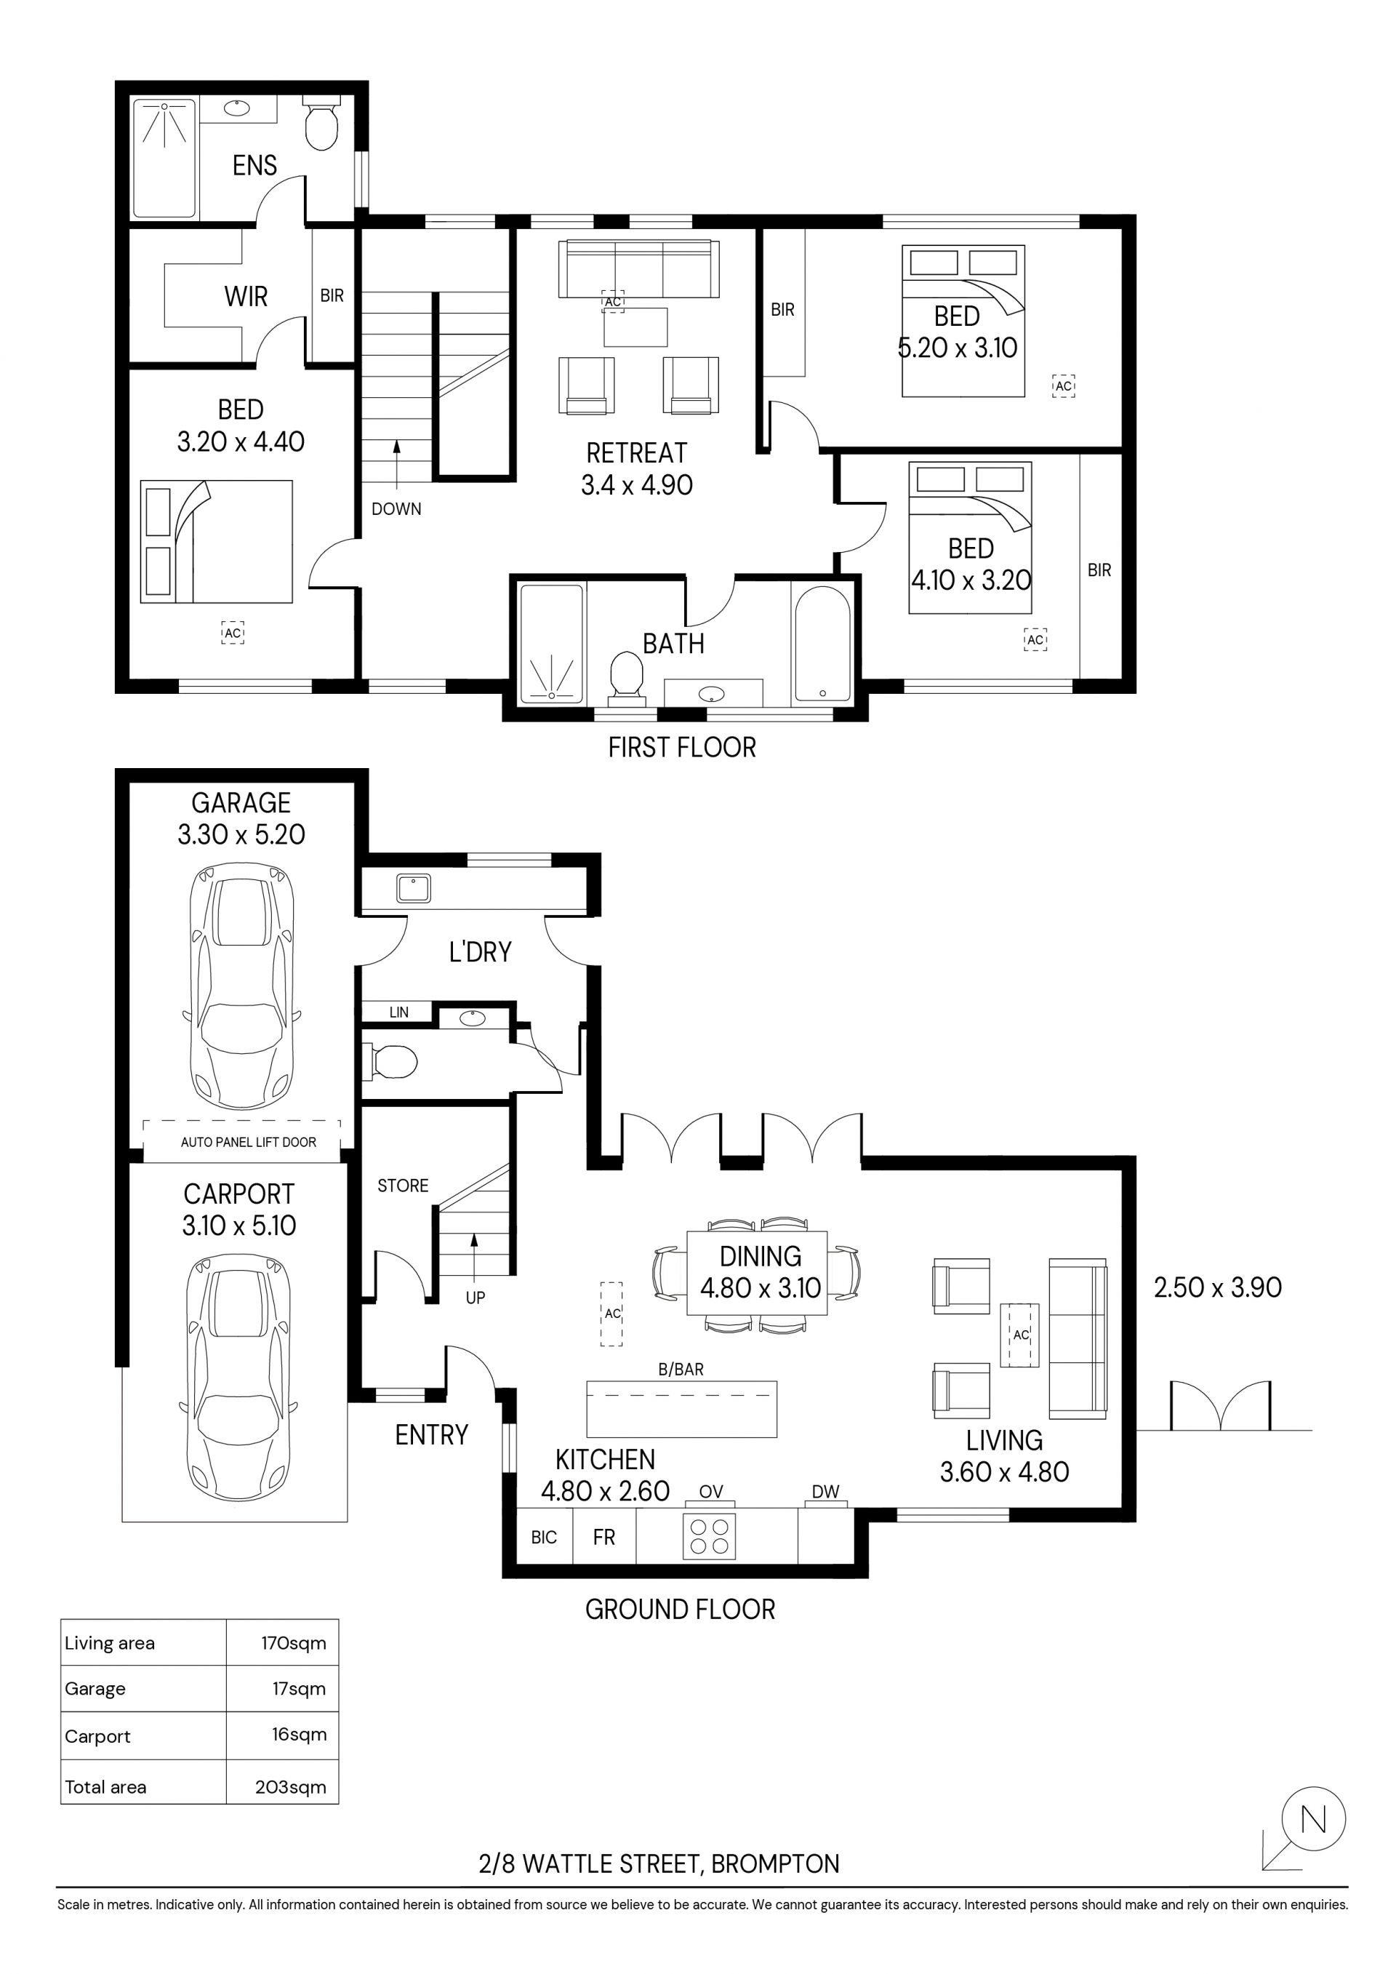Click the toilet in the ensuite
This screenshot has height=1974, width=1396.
point(321,124)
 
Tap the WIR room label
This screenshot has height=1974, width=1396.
point(246,297)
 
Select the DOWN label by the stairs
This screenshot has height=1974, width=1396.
point(396,509)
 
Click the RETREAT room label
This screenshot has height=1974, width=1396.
point(637,453)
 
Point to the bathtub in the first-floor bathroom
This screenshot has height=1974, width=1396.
point(822,644)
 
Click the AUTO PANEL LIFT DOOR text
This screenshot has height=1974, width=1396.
point(249,1143)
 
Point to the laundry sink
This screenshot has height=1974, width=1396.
point(414,888)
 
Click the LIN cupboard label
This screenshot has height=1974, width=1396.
point(399,1012)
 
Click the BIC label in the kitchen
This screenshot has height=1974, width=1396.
point(544,1538)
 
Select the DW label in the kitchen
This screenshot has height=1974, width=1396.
point(825,1493)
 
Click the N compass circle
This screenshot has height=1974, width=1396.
point(1314,1819)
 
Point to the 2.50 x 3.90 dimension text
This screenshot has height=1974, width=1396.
point(1217,1287)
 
